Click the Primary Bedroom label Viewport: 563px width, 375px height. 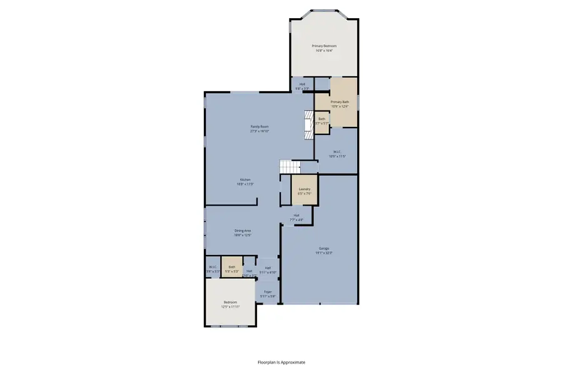(325, 46)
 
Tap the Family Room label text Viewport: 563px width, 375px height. (259, 127)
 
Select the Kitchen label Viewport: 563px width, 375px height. (245, 179)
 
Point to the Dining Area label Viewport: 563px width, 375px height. (243, 231)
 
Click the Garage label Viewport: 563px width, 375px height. (323, 248)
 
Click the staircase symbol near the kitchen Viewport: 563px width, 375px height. (290, 166)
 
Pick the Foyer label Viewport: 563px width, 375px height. (268, 292)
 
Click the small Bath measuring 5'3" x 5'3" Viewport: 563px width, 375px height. (232, 268)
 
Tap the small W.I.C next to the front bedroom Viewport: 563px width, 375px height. (213, 268)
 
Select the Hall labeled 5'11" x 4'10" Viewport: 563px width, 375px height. (268, 269)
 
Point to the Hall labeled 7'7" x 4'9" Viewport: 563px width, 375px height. (297, 217)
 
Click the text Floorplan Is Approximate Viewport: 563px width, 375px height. (281, 362)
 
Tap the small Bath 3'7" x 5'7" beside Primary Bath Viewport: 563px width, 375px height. (322, 121)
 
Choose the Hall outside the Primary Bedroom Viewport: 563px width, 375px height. (302, 86)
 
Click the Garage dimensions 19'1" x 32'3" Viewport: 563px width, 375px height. (323, 252)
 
